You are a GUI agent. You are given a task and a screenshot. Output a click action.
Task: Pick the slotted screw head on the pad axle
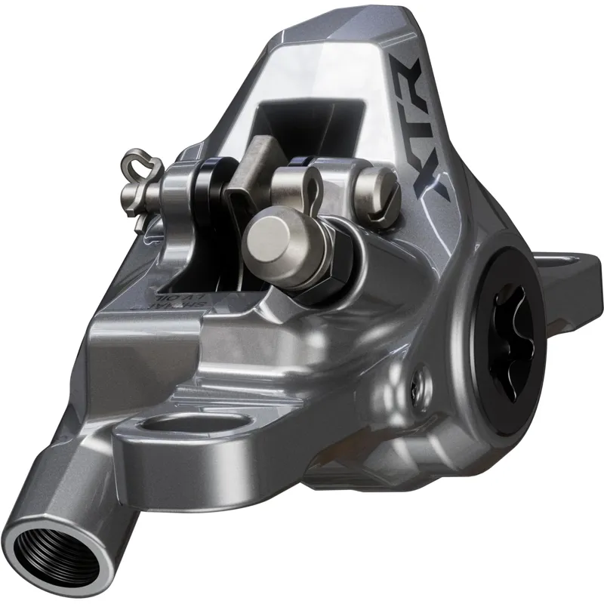point(377,185)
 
